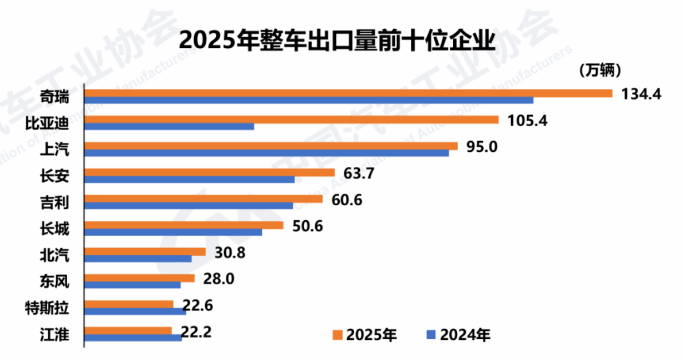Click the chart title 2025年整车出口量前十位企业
pos(337,41)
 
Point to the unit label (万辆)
pos(600,70)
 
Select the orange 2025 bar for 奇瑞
pos(348,93)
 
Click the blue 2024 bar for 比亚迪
pos(170,126)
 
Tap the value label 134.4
pos(641,93)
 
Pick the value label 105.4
pos(527,120)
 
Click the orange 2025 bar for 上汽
pos(271,146)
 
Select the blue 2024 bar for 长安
pos(190,179)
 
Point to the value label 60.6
pos(347,200)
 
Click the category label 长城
pos(54,228)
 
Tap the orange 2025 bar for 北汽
pos(145,252)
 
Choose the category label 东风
pos(54,281)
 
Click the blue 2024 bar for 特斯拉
pos(135,312)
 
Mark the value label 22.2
pos(196,332)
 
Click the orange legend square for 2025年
pos(337,335)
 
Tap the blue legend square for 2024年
pos(431,335)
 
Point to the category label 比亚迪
pos(47,123)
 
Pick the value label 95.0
pos(482,147)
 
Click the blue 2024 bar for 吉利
pos(189,206)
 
